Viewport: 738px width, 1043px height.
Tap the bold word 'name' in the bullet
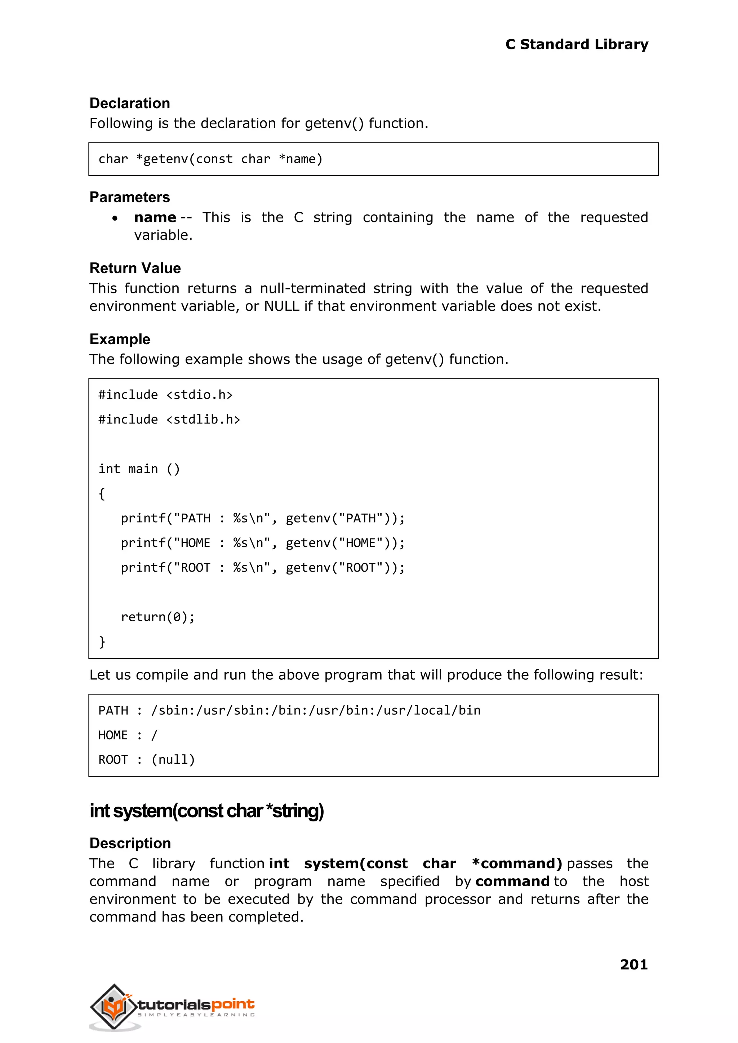pos(155,217)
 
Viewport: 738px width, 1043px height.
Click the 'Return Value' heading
pos(135,268)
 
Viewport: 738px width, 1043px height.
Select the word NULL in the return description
pos(281,306)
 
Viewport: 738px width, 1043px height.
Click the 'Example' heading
pos(120,339)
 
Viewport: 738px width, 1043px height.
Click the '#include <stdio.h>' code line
pos(165,395)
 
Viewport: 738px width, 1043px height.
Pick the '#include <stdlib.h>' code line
pos(169,419)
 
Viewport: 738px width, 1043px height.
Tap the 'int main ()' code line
pos(139,469)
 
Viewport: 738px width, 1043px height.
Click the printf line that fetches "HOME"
pos(262,543)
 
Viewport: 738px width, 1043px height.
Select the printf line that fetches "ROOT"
pos(262,567)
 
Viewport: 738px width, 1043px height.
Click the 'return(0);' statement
pos(158,617)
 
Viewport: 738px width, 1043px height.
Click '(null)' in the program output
pos(173,759)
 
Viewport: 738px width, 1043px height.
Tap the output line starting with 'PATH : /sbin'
pos(289,710)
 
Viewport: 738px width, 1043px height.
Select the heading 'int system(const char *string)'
pos(207,811)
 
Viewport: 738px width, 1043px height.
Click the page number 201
pos(633,964)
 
